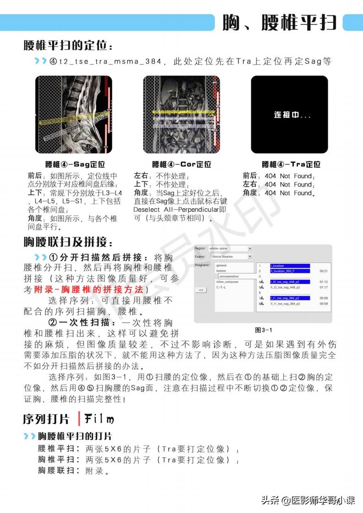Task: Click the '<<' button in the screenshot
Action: pyautogui.click(x=200, y=290)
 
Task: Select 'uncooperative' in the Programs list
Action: pyautogui.click(x=228, y=277)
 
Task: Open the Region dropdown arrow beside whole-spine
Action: pyautogui.click(x=250, y=249)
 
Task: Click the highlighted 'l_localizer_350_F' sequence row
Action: pyautogui.click(x=290, y=271)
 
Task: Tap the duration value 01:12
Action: pyautogui.click(x=323, y=282)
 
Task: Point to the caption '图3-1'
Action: pyautogui.click(x=263, y=330)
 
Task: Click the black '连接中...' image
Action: pyautogui.click(x=289, y=114)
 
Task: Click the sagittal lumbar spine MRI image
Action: pyautogui.click(x=74, y=114)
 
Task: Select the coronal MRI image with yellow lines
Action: pyautogui.click(x=181, y=114)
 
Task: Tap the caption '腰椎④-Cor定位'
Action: pyautogui.click(x=182, y=164)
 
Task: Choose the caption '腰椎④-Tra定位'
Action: pyautogui.click(x=291, y=164)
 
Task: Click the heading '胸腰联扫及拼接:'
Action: pyautogui.click(x=68, y=241)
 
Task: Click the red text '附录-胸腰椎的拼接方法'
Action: pyautogui.click(x=89, y=290)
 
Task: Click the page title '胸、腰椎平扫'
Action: pyautogui.click(x=279, y=22)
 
